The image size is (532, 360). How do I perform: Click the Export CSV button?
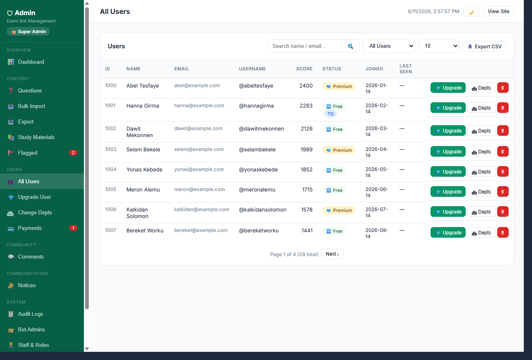(484, 46)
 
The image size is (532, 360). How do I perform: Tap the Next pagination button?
(332, 254)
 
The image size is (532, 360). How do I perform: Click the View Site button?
(498, 11)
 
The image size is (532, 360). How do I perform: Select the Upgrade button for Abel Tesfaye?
(448, 88)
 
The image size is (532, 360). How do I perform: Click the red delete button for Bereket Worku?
(503, 232)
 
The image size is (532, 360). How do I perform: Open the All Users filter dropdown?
(389, 46)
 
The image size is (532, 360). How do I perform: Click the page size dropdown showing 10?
(438, 46)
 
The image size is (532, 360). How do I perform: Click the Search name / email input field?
(313, 46)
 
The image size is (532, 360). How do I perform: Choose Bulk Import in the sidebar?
(32, 106)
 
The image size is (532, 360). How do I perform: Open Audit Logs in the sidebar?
(30, 314)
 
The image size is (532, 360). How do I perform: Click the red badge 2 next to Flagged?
(73, 153)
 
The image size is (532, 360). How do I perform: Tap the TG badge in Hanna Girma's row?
(330, 114)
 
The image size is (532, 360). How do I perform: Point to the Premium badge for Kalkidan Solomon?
(339, 210)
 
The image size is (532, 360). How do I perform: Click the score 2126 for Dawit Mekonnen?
(307, 129)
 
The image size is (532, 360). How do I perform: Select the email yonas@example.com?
(199, 169)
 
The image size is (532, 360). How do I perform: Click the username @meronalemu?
(257, 190)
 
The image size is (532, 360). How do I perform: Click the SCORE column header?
(304, 69)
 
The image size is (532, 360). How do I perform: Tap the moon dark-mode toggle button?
(471, 11)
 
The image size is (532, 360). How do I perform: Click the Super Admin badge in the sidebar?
(28, 32)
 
